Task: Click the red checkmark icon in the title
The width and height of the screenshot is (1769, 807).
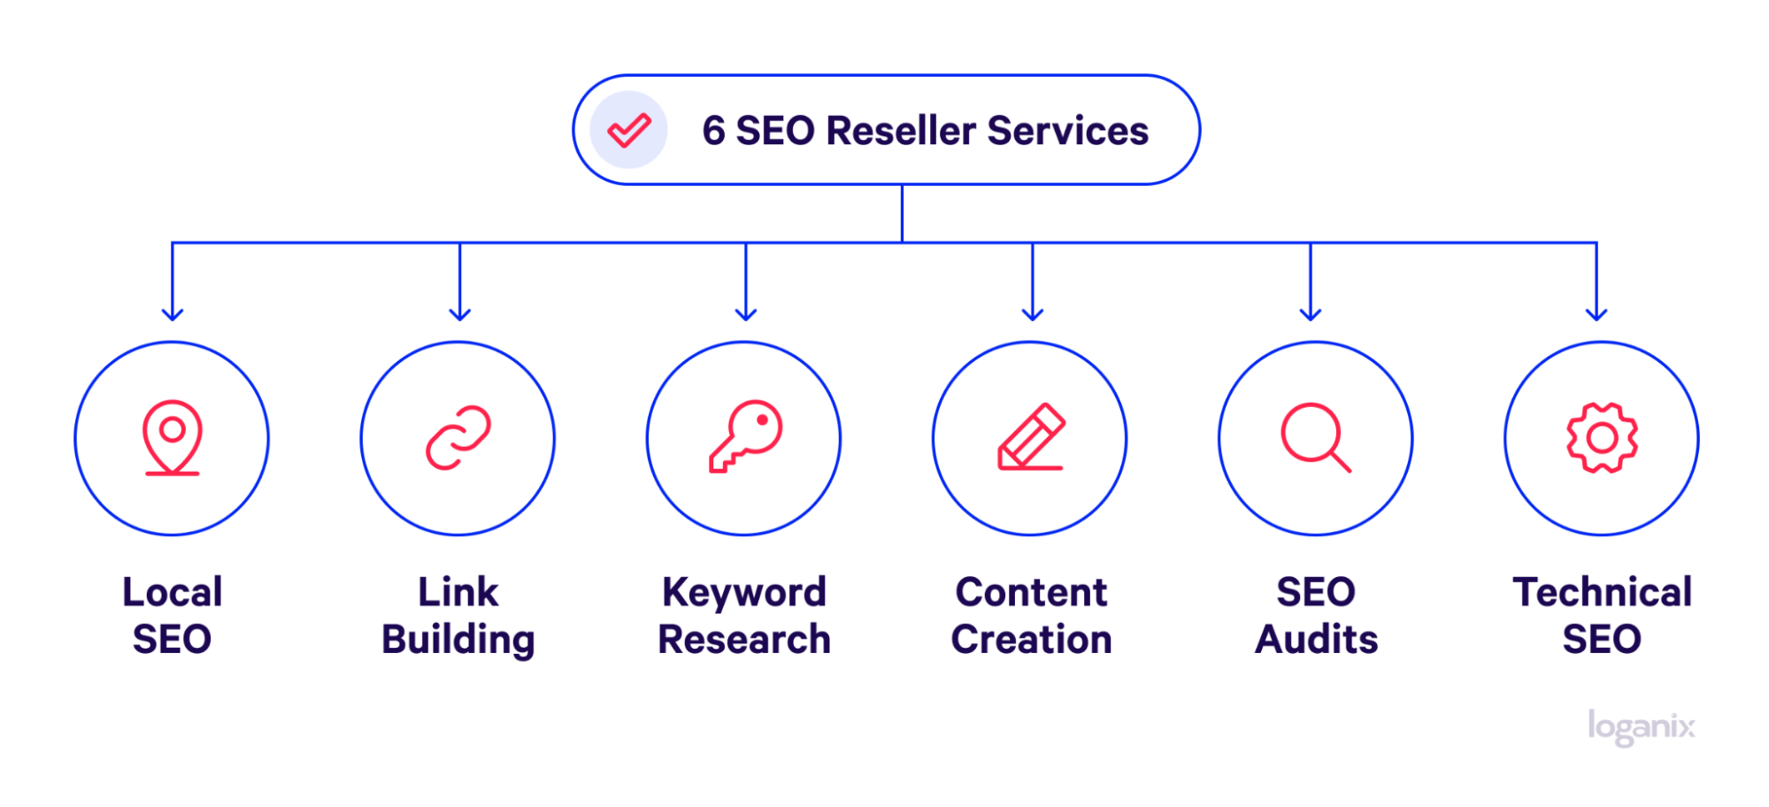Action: (629, 131)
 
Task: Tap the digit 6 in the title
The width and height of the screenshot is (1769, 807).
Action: (713, 131)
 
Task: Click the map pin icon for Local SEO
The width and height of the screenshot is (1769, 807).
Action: (173, 438)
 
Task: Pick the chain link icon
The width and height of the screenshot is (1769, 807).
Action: (458, 438)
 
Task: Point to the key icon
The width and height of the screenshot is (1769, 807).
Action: (745, 436)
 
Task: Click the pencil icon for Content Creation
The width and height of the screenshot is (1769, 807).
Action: (1031, 437)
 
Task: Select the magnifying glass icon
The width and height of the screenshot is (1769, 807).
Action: (1316, 437)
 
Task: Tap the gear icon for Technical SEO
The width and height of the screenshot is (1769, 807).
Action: (1602, 438)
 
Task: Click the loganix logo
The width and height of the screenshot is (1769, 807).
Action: (1641, 727)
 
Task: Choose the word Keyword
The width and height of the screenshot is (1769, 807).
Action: (744, 593)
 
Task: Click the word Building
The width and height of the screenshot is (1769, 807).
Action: (458, 640)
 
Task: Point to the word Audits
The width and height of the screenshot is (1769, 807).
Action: (1316, 639)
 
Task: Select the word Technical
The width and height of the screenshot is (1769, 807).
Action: (1602, 592)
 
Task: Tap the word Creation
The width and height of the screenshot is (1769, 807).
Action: (1031, 639)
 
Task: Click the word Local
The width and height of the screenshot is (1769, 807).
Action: (173, 592)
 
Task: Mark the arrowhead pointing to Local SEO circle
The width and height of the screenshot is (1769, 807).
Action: (173, 313)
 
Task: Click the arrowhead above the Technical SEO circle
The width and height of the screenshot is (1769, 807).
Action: (1596, 313)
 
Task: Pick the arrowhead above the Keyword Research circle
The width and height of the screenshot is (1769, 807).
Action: (746, 313)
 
